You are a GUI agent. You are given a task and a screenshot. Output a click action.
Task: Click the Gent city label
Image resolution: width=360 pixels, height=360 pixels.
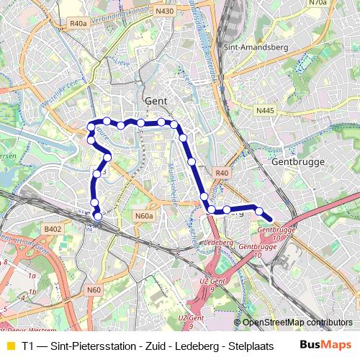point(156,102)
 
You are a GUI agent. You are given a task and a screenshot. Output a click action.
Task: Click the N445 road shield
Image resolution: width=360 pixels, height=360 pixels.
point(265,111)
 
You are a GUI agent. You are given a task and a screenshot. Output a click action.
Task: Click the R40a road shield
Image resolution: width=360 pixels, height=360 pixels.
point(78,24)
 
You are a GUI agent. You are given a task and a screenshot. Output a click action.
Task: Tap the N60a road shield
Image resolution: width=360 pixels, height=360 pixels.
point(144,215)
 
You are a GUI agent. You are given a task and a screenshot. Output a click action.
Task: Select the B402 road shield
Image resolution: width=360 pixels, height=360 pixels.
point(53,229)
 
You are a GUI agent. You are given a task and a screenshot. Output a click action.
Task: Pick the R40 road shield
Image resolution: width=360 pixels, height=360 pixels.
point(221,173)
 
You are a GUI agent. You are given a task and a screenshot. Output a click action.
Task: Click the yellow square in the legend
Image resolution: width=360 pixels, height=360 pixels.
point(9,346)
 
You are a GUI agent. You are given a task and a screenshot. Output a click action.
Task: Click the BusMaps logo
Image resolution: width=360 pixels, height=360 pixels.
point(325,345)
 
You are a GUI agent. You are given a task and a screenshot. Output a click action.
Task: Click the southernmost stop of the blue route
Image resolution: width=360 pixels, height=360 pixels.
point(98,213)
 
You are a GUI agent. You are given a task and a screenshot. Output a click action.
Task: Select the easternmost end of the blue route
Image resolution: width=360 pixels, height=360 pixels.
point(270,220)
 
